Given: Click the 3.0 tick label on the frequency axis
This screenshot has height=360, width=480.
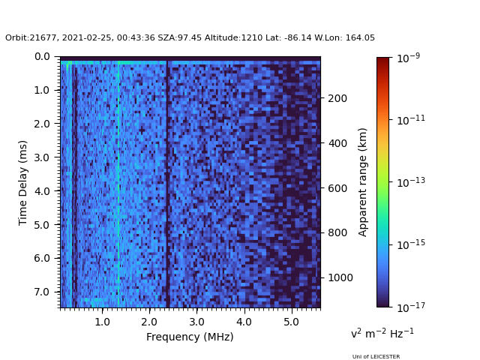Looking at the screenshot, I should [196, 322].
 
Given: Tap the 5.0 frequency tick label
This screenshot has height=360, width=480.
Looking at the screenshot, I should [291, 322].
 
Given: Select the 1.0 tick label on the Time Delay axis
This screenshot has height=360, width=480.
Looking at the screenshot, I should [41, 90].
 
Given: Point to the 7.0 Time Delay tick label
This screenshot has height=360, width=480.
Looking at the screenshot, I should [41, 292].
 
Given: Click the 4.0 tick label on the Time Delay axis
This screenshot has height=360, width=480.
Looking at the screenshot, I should [41, 191].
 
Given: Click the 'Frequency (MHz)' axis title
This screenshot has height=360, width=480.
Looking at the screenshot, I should [190, 337].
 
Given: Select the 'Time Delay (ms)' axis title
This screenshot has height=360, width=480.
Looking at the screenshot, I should [23, 182].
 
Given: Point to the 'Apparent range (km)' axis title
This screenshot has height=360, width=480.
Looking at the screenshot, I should [363, 181].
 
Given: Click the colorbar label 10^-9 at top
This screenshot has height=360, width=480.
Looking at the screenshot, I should [409, 58].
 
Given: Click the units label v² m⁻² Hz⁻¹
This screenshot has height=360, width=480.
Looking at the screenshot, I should [382, 333].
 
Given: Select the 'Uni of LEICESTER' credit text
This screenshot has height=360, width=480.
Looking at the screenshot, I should [376, 357].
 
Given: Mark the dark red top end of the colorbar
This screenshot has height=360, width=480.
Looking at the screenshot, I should [383, 60].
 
